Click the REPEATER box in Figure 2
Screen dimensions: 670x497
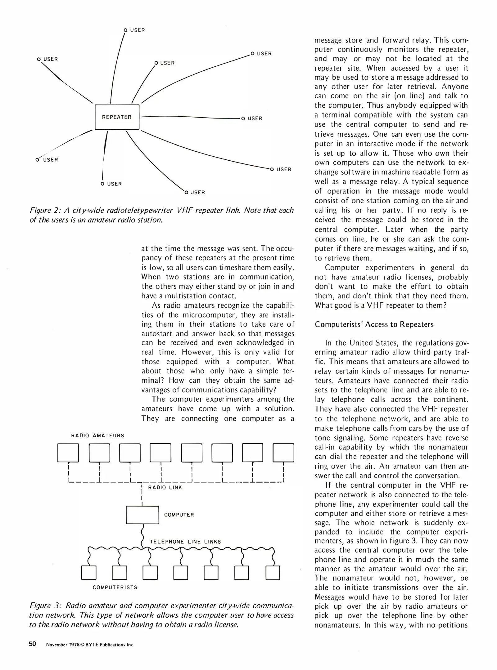[x=117, y=117]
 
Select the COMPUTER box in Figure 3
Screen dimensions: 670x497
[x=142, y=515]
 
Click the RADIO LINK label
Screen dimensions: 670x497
[x=165, y=488]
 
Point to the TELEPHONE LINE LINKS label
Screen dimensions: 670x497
[x=185, y=542]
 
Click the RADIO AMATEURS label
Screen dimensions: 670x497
[x=97, y=435]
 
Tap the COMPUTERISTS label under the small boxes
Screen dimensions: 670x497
[x=115, y=587]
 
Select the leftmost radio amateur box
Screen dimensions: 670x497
[x=68, y=453]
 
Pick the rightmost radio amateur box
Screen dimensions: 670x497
[x=283, y=453]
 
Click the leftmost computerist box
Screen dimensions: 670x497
[x=88, y=573]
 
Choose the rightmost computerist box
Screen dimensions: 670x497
[x=273, y=573]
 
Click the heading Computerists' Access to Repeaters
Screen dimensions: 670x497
[x=374, y=324]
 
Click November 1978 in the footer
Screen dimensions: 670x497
[x=61, y=645]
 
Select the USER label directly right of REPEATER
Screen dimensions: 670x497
[x=255, y=118]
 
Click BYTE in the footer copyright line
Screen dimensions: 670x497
[x=92, y=645]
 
